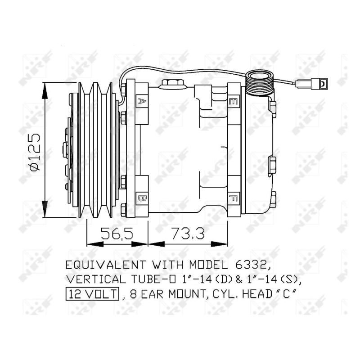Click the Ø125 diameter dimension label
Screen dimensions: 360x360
click(35, 152)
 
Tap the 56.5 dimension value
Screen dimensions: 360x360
click(117, 233)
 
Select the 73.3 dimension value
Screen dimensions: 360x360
click(188, 233)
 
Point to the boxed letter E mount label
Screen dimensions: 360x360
click(234, 101)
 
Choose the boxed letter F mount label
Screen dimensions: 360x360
click(234, 198)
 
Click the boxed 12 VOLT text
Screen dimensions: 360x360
click(93, 294)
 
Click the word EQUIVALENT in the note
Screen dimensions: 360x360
click(106, 265)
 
